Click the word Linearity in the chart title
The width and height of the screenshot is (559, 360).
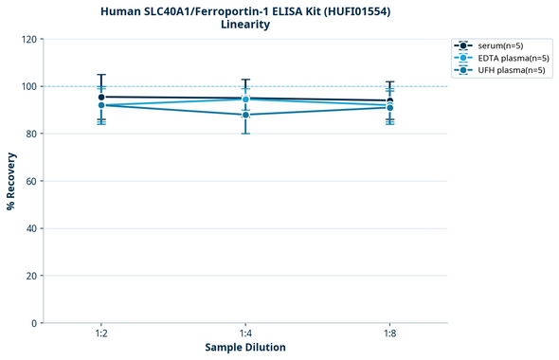(244, 25)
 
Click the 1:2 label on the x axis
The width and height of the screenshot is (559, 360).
(100, 334)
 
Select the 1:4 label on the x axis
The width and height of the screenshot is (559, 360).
(245, 334)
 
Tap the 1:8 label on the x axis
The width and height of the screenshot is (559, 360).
(389, 334)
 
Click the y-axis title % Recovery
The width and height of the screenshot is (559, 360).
(11, 180)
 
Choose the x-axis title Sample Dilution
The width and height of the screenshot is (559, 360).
(245, 348)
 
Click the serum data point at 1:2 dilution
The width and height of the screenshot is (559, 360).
(101, 97)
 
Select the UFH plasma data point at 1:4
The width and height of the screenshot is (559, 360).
(245, 115)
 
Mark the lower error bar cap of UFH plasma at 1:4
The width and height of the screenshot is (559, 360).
(245, 134)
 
